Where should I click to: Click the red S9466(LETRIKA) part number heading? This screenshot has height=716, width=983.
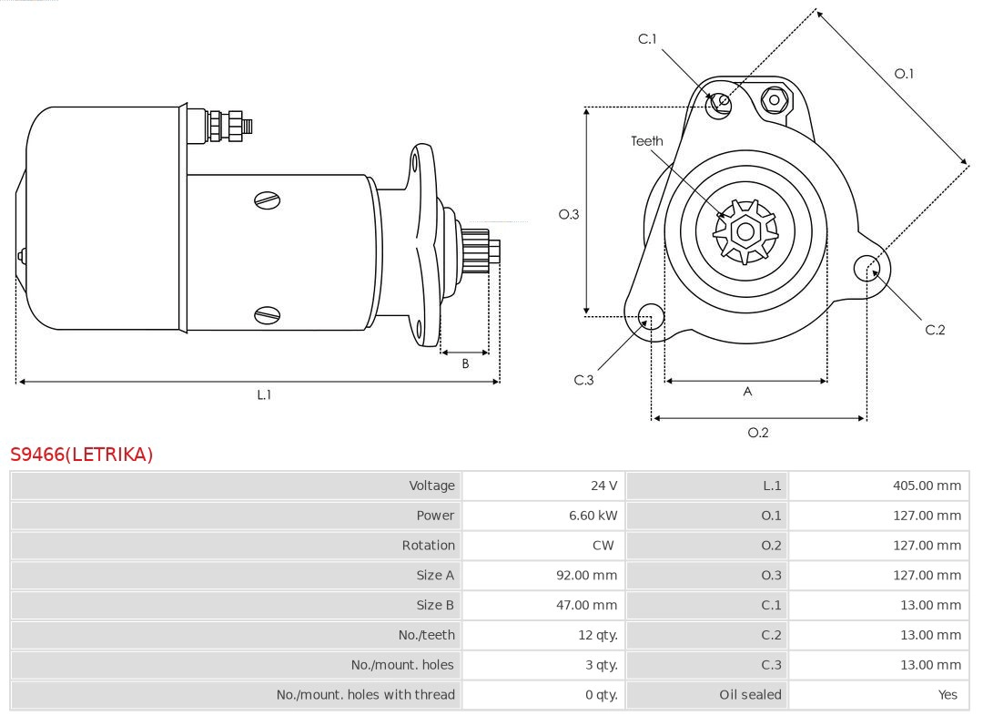coord(82,455)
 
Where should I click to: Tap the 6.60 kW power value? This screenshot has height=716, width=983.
coord(593,516)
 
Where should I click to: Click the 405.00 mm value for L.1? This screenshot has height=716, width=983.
coord(927,486)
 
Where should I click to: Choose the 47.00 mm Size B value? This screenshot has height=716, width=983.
coord(586,605)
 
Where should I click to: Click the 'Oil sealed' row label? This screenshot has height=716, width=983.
coord(750,695)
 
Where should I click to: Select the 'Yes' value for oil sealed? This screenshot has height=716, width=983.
coord(948,695)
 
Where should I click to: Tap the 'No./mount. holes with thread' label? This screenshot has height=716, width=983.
coord(365,695)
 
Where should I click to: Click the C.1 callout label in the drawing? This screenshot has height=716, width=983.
coord(647,39)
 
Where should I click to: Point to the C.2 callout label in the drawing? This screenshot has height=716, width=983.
coord(935,330)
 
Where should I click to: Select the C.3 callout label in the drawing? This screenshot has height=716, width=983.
coord(583,380)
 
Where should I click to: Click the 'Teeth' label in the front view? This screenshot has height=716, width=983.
coord(647,141)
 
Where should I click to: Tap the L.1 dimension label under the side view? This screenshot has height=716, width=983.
coord(264,394)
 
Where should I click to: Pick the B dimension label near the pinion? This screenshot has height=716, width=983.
coord(465,363)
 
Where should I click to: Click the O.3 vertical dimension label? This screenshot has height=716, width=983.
coord(569,215)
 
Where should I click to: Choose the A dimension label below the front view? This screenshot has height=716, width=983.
coord(747,392)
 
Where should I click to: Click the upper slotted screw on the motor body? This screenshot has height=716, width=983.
coord(267,200)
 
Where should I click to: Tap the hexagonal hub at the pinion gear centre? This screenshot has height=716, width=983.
coord(745,232)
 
